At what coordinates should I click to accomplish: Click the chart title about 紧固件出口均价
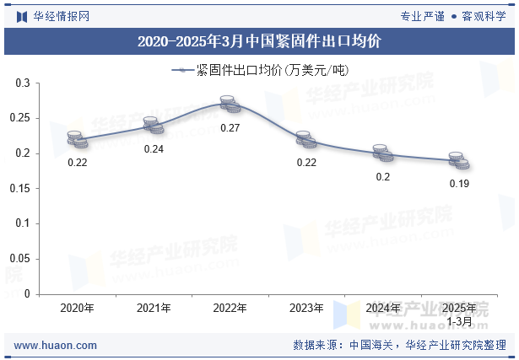point(259,40)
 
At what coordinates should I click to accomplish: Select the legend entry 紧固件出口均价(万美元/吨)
point(260,70)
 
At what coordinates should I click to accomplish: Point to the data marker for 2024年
point(383,153)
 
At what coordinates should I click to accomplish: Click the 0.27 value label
point(230,128)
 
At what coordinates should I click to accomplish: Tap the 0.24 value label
point(154,149)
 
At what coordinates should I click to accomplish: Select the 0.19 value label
point(459,183)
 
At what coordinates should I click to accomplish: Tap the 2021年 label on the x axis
point(154,309)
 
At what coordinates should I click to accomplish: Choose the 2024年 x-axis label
point(383,309)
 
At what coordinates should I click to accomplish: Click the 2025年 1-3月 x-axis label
point(459,314)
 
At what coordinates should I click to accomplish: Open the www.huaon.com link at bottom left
point(56,346)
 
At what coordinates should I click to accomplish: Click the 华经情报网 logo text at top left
point(60,15)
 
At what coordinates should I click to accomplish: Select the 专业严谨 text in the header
point(422,15)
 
